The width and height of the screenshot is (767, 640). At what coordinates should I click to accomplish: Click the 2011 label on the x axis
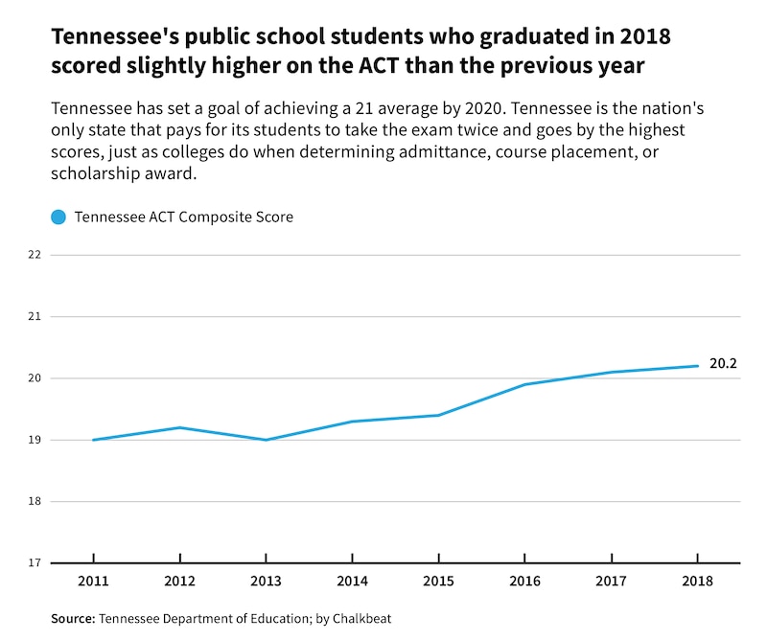click(x=93, y=581)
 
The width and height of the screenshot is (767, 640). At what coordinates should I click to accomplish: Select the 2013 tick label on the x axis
click(x=266, y=581)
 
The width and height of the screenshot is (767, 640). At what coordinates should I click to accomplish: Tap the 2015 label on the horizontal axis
click(x=438, y=581)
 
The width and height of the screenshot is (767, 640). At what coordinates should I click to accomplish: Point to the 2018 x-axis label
click(x=697, y=581)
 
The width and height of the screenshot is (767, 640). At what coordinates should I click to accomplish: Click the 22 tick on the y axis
click(x=35, y=255)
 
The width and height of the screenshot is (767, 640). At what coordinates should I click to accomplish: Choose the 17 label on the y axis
click(x=35, y=562)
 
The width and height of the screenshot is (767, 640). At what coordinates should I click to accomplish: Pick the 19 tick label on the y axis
click(x=35, y=440)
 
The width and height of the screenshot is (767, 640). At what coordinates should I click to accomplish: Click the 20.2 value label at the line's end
click(x=723, y=364)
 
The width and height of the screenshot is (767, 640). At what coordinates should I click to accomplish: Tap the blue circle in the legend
click(x=58, y=217)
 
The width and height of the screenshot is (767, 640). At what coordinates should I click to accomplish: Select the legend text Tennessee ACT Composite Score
click(x=183, y=217)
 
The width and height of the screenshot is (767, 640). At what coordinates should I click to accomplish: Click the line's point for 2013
click(x=266, y=440)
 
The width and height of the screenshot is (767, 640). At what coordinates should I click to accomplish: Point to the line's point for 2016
click(x=524, y=384)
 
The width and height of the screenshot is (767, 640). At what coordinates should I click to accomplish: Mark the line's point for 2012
click(x=179, y=427)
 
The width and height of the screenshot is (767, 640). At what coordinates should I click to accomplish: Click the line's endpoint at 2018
click(x=697, y=366)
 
